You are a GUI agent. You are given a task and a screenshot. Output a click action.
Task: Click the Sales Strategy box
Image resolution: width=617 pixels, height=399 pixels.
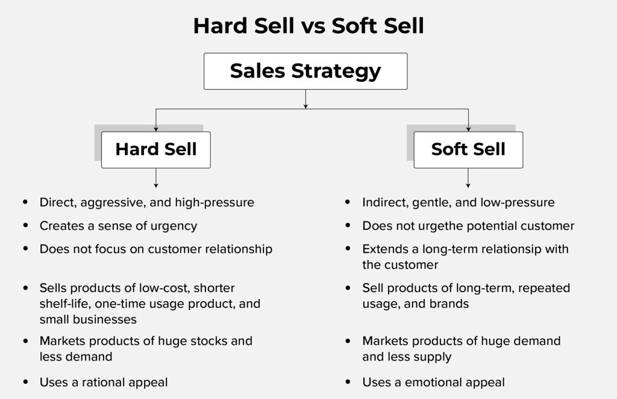pyautogui.click(x=305, y=71)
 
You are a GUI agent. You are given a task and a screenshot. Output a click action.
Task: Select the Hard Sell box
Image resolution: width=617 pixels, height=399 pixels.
pyautogui.click(x=156, y=149)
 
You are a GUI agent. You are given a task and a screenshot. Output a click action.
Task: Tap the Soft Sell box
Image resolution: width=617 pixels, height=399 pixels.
pyautogui.click(x=468, y=149)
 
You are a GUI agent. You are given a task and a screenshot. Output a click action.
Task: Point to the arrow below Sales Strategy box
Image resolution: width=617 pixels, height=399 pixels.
pyautogui.click(x=305, y=99)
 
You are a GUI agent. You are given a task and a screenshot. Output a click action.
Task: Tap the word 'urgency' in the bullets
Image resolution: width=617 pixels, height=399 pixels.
pyautogui.click(x=174, y=226)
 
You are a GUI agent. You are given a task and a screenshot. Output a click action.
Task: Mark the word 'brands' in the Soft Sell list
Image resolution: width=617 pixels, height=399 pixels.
pyautogui.click(x=449, y=304)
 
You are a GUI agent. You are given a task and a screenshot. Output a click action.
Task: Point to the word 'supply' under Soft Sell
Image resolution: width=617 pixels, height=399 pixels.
pyautogui.click(x=431, y=357)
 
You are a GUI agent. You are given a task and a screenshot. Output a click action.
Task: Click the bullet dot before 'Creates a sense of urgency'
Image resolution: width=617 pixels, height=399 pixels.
pyautogui.click(x=25, y=226)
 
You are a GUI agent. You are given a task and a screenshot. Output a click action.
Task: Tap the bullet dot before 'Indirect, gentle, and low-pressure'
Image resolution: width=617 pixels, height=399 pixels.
pyautogui.click(x=348, y=202)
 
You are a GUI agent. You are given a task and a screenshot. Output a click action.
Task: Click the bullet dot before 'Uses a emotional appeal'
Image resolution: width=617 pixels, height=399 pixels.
pyautogui.click(x=348, y=382)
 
